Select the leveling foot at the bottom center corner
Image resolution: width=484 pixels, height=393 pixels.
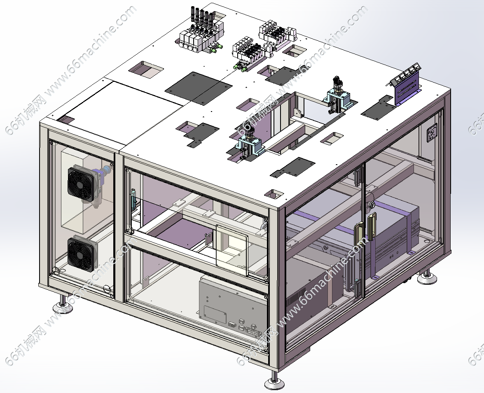(x=274, y=380)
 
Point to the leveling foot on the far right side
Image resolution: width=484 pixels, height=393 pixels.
(x=427, y=277)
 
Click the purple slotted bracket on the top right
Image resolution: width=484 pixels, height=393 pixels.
(x=407, y=88)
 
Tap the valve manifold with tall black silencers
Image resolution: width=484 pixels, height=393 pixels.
(x=200, y=33)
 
